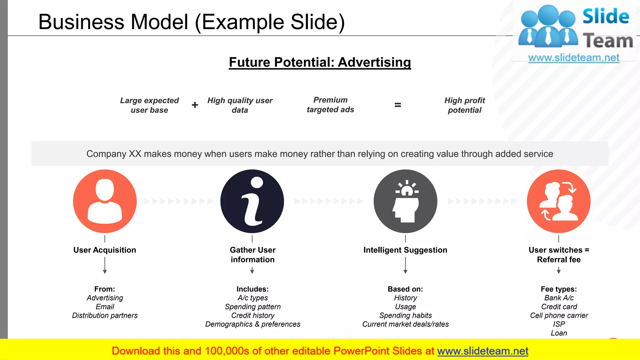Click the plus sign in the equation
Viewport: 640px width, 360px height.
[195, 105]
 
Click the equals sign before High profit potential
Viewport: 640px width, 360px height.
[397, 105]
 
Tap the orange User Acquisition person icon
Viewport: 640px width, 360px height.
[105, 201]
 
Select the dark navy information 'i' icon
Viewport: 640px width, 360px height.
[252, 201]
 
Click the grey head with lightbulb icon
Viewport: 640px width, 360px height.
[405, 201]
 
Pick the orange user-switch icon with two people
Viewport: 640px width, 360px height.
[559, 201]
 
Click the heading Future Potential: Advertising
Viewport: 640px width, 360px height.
[320, 62]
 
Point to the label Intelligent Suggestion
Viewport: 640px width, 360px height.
[405, 250]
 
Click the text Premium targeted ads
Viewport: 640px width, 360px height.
[330, 105]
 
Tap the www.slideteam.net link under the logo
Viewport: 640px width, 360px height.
[574, 58]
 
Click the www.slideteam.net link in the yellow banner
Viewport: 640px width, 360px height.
[482, 351]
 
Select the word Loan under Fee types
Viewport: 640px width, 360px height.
[559, 333]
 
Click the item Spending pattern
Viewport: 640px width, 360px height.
[252, 307]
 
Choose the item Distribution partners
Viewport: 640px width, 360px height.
[105, 316]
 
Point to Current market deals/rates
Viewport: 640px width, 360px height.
[405, 324]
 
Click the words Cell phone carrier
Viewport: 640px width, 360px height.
[559, 316]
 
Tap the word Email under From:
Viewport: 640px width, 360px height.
[105, 307]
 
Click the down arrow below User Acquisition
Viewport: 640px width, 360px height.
[105, 266]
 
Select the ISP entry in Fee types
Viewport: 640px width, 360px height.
[559, 324]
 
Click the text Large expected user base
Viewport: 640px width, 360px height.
[149, 105]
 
